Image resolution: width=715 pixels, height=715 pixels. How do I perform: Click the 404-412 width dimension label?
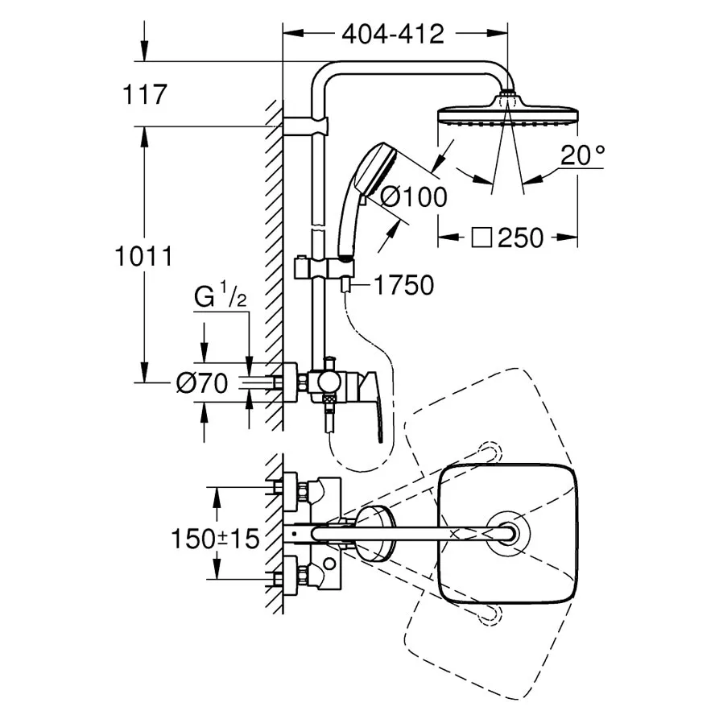coord(393,34)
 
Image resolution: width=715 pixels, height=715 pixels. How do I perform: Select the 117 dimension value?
coord(145,94)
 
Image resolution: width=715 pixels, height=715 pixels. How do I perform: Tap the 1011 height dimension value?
coord(143,256)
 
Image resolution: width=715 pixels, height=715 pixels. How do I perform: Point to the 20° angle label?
coord(582,155)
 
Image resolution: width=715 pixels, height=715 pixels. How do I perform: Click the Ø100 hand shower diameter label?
coord(414,197)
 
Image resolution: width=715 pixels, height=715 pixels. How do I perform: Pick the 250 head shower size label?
coord(520,238)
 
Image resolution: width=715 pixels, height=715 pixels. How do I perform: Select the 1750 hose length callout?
coord(403,286)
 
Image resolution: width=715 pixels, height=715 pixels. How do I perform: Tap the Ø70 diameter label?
coord(202,383)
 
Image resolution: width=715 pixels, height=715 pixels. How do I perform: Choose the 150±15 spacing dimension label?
coord(215,539)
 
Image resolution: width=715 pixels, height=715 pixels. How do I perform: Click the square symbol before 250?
coord(481,238)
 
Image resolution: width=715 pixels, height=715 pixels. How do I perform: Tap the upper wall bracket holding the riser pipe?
coord(304,126)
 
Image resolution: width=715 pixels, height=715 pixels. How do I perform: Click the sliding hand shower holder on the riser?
coord(324,267)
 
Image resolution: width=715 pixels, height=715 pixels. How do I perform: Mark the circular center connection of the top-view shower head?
coord(508,533)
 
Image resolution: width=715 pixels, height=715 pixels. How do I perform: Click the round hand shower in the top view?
coord(373,534)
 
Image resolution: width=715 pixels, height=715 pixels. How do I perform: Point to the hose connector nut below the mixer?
coord(328,402)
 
